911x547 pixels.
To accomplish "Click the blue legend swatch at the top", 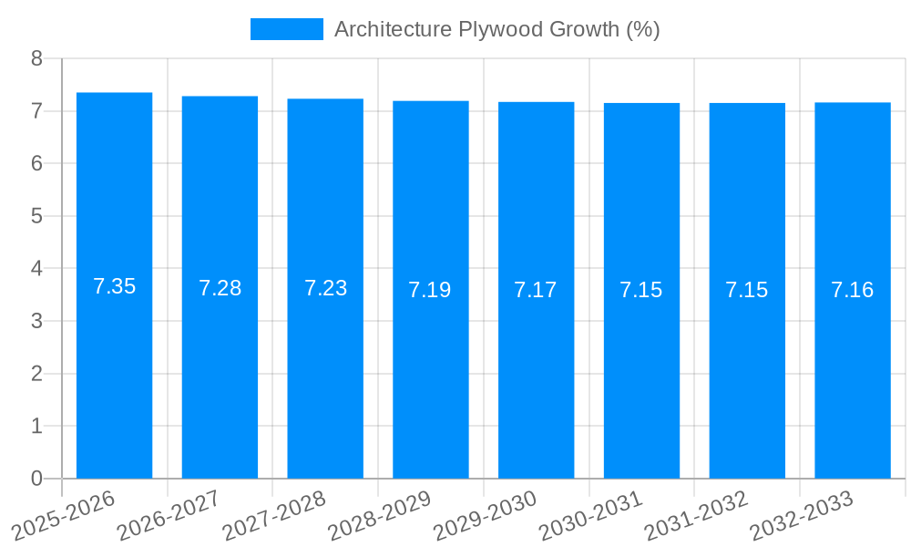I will [x=286, y=29].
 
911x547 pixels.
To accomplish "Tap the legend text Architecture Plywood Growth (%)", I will [x=496, y=29].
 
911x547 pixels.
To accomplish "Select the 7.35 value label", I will [x=114, y=286].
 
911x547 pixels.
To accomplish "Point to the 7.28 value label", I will [x=220, y=288].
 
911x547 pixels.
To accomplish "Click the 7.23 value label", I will [x=325, y=288].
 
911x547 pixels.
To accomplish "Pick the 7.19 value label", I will [x=430, y=290].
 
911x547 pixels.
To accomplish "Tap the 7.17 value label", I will [x=536, y=290].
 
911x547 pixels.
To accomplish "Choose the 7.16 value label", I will [x=852, y=290].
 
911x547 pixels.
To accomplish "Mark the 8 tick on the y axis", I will [x=36, y=58].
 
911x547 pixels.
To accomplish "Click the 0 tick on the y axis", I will [x=36, y=479].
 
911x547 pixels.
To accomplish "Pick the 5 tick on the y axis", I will [x=36, y=216].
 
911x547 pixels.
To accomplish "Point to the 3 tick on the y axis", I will [x=36, y=321].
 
